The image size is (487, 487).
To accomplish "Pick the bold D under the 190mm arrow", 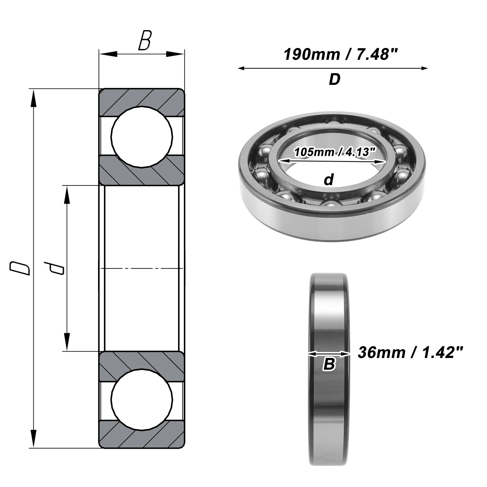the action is click(x=335, y=79).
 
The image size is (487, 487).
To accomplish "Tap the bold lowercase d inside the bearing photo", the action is click(x=329, y=179).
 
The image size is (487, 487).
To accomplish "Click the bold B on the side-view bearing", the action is click(x=329, y=364).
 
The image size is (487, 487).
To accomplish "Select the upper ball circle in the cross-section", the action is click(x=142, y=137).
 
